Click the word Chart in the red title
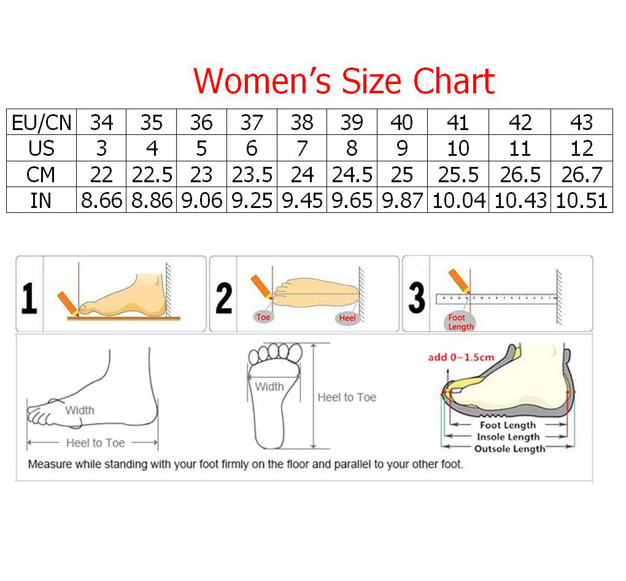pyautogui.click(x=454, y=81)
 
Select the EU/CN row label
pyautogui.click(x=42, y=123)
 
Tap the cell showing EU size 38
pyautogui.click(x=302, y=123)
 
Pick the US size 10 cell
pyautogui.click(x=458, y=148)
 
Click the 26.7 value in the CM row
pyautogui.click(x=582, y=175)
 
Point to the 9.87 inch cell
pyautogui.click(x=402, y=201)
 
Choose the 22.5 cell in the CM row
pyautogui.click(x=152, y=175)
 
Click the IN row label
pyautogui.click(x=41, y=201)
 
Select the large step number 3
pyautogui.click(x=416, y=298)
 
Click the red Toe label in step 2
pyautogui.click(x=263, y=317)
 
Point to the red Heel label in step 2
pyautogui.click(x=347, y=318)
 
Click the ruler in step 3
pyautogui.click(x=497, y=299)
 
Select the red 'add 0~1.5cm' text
pyautogui.click(x=461, y=357)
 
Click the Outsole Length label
pyautogui.click(x=510, y=448)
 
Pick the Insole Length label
pyautogui.click(x=508, y=437)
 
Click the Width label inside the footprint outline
pyautogui.click(x=269, y=387)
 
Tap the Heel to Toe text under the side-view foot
pyautogui.click(x=95, y=443)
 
